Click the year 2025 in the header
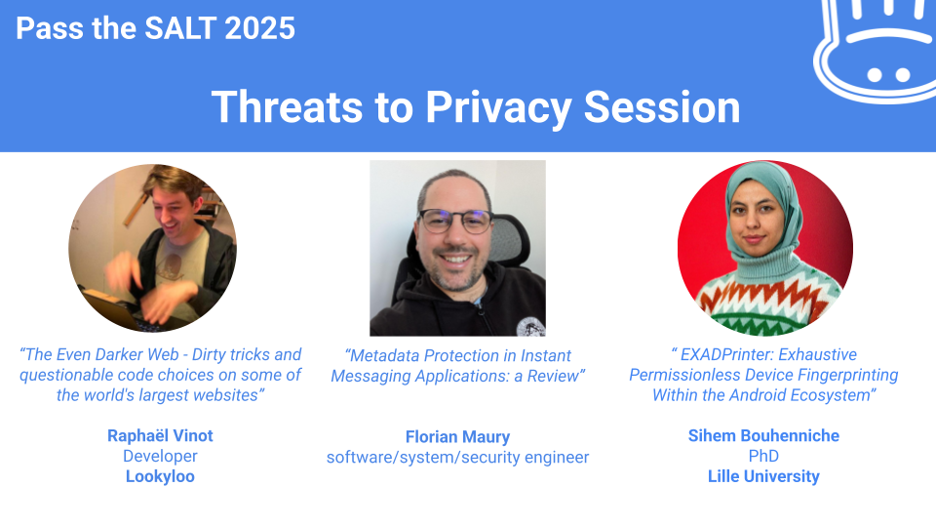point(259,28)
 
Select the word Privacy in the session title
point(498,108)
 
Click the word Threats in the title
point(287,107)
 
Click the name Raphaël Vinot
point(160,435)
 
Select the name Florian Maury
point(457,437)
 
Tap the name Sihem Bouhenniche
point(763,435)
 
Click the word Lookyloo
point(160,476)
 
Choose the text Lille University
point(763,476)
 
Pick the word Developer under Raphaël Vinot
point(160,456)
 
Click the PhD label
point(763,456)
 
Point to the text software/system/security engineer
point(457,457)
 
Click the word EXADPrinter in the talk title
point(724,354)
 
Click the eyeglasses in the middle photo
point(456,221)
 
